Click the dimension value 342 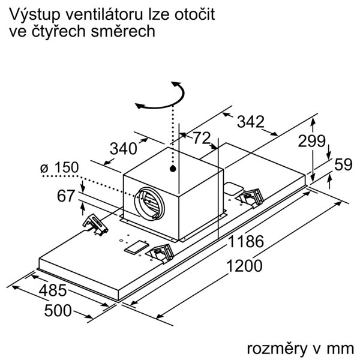coord(250,122)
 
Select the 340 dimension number coord(124,149)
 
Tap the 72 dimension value coord(202,138)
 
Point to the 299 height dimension coord(311,141)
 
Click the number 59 coord(343,164)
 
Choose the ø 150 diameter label coord(59,167)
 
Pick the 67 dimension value coord(66,196)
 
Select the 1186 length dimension coord(246,242)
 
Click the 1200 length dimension coord(244,266)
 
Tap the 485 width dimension coord(53,290)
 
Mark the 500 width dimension coord(58,311)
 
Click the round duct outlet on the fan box coord(149,203)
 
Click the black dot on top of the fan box coord(173,169)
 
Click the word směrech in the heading coord(123,31)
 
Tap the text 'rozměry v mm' coord(301,349)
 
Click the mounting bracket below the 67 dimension coord(95,224)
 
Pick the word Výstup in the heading coord(35,15)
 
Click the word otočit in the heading coord(194,14)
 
